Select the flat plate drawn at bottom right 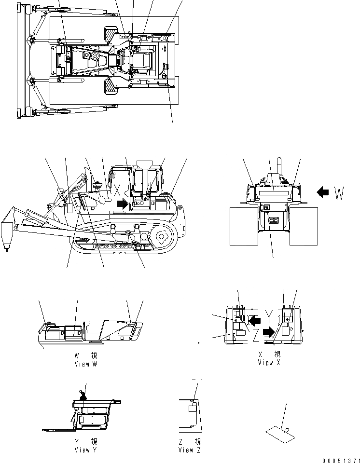280,433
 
